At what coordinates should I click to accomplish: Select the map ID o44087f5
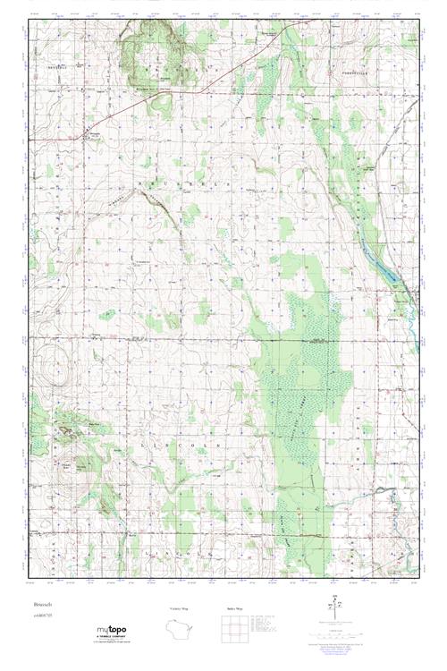pyautogui.click(x=38, y=616)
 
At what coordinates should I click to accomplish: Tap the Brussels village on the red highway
pyautogui.click(x=87, y=136)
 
